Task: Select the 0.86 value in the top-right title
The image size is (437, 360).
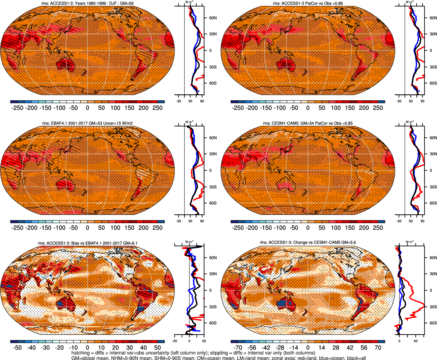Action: pos(339,4)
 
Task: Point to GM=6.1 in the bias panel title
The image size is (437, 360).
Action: pos(130,243)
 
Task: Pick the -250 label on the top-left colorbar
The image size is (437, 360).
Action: pos(17,108)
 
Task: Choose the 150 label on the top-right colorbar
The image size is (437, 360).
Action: pos(350,108)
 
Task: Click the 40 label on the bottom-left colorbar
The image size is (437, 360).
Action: pos(144,348)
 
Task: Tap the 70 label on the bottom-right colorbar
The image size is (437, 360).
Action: pos(378,348)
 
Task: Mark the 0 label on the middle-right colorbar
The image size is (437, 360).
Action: pos(308,228)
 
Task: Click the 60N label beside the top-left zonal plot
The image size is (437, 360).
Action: pos(213,18)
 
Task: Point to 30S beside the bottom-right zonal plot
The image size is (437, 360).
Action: pos(433,307)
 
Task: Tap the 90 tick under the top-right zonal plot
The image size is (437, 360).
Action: pos(422,101)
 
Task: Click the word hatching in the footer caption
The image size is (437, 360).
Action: pos(80,353)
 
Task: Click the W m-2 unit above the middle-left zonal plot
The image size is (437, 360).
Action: pos(189,122)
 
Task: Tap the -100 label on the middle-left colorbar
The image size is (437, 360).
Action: pos(59,228)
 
